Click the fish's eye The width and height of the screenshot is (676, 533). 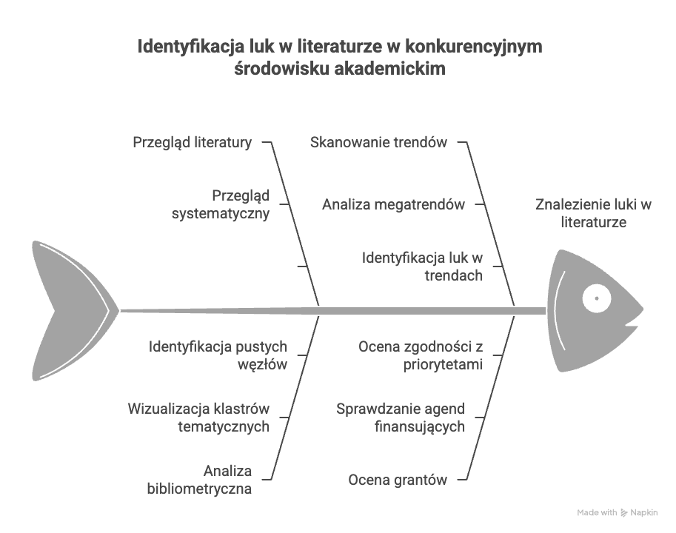[x=595, y=299]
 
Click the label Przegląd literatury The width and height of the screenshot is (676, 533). [x=193, y=142]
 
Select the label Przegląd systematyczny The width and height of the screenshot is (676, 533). [x=221, y=205]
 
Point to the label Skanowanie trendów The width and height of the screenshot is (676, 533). [x=378, y=142]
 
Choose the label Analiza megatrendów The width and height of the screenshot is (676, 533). [x=393, y=205]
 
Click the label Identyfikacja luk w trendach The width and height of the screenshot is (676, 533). [x=422, y=267]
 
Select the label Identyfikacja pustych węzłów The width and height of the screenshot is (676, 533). [x=218, y=355]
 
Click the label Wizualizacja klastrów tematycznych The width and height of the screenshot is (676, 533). [x=198, y=418]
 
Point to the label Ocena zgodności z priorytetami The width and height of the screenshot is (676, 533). [x=421, y=355]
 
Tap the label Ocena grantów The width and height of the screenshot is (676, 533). [x=398, y=480]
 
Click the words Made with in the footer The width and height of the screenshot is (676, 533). [x=597, y=512]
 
